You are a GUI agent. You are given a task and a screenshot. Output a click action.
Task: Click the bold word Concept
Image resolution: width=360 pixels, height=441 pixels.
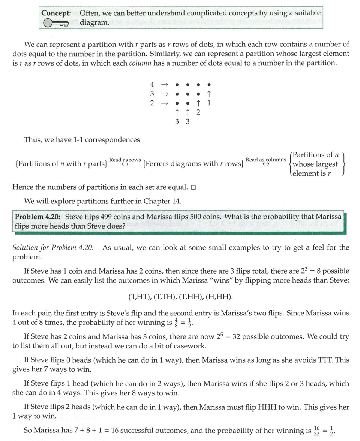56,13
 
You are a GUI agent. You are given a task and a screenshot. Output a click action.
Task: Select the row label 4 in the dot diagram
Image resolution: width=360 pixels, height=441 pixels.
152,85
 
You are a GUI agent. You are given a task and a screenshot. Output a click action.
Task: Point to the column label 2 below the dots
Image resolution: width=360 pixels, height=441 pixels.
198,112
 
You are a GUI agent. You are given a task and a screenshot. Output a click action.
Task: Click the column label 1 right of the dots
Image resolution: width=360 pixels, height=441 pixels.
209,103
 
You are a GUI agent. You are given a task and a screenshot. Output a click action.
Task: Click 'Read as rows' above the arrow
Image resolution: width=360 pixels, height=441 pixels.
125,160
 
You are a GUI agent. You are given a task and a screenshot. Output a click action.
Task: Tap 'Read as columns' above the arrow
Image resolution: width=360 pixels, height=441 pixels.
266,160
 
